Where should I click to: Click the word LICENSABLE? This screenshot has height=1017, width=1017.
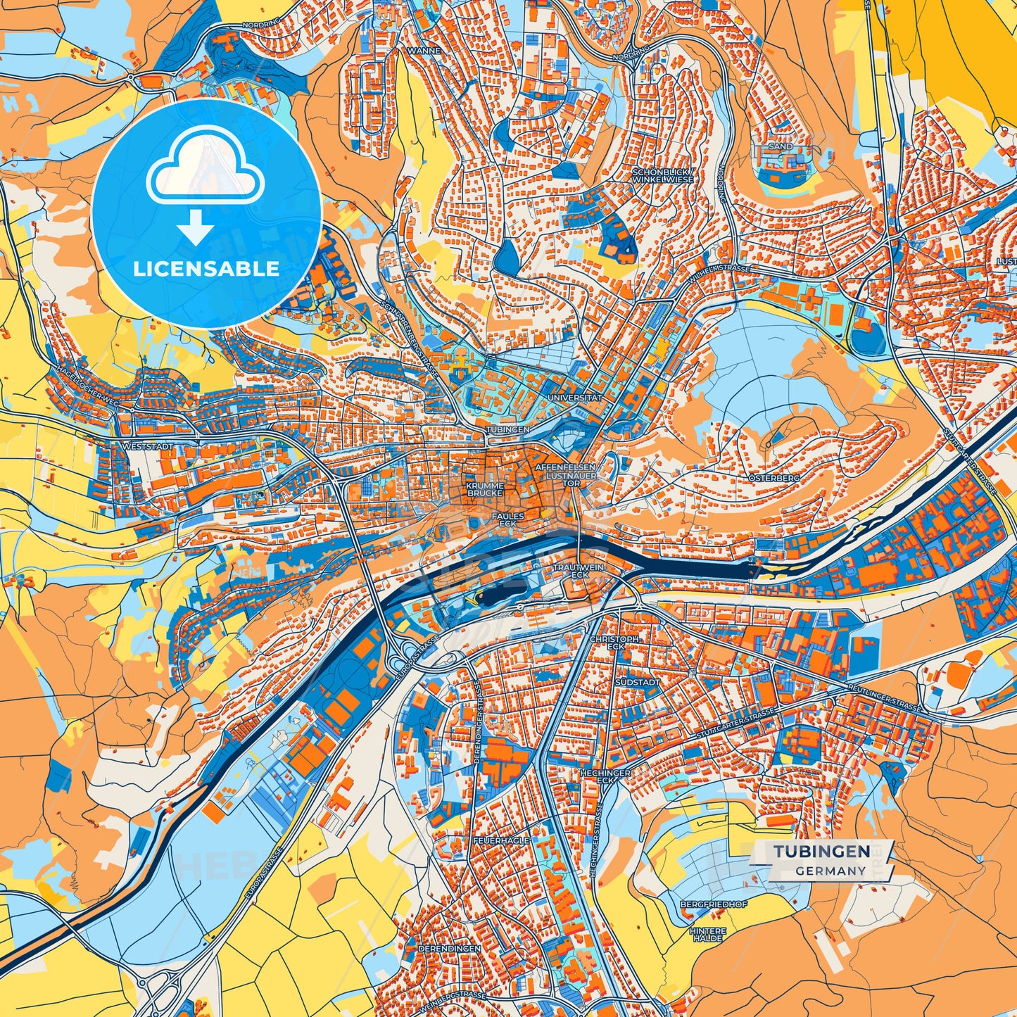(x=206, y=269)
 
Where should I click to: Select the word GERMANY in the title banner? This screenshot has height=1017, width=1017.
(x=830, y=871)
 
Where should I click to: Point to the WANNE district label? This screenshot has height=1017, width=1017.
(x=424, y=51)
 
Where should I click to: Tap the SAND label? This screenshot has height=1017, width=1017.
(x=781, y=146)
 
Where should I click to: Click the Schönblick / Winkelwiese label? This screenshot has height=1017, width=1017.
(x=662, y=175)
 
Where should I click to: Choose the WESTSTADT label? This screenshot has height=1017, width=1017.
(x=146, y=446)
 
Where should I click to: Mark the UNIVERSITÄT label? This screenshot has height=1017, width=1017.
(x=574, y=398)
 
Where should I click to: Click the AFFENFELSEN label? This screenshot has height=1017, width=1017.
(x=565, y=467)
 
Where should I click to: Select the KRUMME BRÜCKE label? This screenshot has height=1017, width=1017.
(x=485, y=489)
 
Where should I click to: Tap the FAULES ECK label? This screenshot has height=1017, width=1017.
(x=507, y=519)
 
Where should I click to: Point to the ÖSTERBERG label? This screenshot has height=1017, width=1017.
(x=775, y=477)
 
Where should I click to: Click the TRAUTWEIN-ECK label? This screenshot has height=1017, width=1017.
(x=579, y=570)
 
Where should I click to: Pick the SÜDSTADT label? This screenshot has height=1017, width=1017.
(x=637, y=682)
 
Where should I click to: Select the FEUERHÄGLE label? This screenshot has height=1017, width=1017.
(x=500, y=840)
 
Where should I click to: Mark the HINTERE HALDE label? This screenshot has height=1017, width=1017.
(x=707, y=934)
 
